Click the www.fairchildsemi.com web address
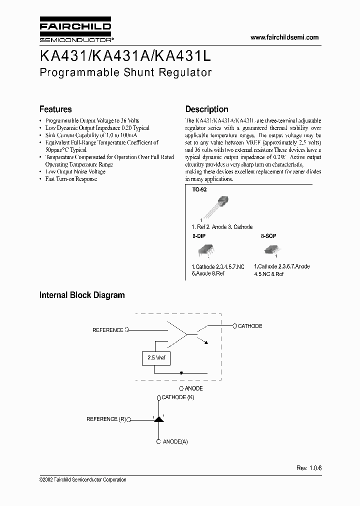coord(283,37)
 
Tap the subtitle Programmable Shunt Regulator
coord(125,72)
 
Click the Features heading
coord(55,109)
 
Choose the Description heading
coord(206,109)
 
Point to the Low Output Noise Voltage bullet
coord(75,171)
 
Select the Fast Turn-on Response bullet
coord(71,179)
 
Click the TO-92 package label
coord(199,190)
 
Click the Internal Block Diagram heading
coord(82,295)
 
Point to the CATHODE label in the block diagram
coord(249,326)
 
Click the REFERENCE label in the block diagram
coord(107,330)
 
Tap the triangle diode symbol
coord(159,419)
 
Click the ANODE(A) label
coord(175,441)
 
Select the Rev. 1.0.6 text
coord(309,467)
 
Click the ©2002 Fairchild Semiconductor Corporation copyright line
coord(82,479)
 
